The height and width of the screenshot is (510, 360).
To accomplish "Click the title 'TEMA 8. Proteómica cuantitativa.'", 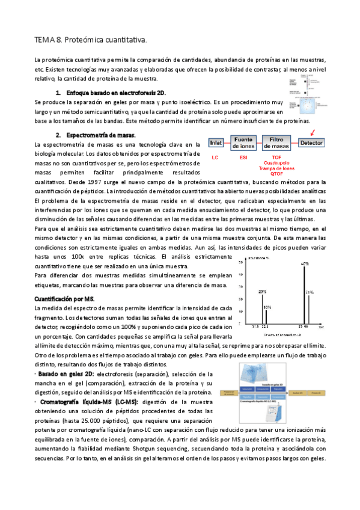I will [x=90, y=40].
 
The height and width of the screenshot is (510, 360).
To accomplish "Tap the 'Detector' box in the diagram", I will [x=312, y=143].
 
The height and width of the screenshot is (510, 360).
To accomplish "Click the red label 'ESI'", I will [x=243, y=157].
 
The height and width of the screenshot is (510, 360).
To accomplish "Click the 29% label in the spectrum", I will [x=262, y=292].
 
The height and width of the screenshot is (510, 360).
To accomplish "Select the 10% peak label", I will [x=267, y=307].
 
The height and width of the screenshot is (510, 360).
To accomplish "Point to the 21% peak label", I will [x=310, y=292].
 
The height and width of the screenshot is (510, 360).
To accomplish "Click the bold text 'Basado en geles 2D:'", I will [x=62, y=373].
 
